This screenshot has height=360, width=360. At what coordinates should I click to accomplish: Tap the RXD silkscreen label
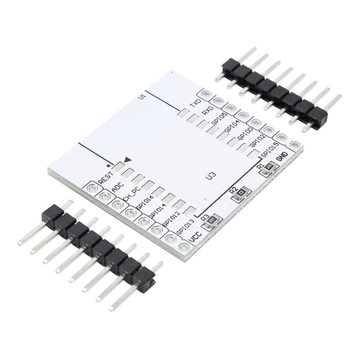point(207,109)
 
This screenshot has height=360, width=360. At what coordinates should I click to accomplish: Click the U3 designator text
point(210,177)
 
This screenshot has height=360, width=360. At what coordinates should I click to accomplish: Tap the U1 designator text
point(142,96)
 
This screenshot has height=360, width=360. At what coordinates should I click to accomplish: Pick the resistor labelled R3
point(212,220)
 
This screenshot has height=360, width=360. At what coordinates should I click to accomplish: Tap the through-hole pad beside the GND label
point(295,145)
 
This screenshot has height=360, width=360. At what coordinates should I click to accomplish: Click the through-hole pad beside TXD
point(207,94)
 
